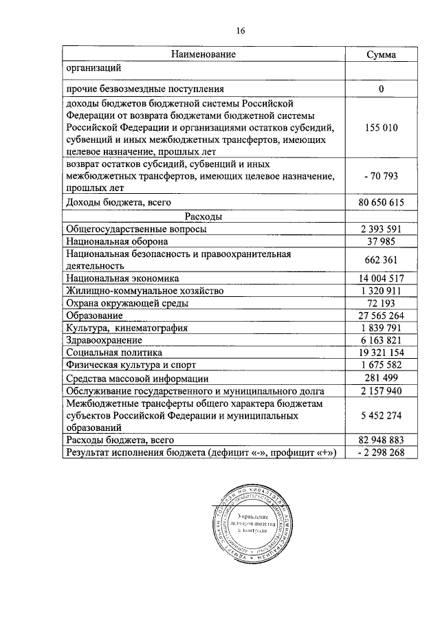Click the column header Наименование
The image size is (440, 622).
coord(203,54)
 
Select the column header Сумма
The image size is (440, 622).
coord(380,54)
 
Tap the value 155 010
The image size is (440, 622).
coord(380,128)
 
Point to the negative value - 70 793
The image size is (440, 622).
coord(380,177)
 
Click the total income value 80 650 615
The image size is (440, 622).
coord(380,203)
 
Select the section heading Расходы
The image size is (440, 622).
coord(203,216)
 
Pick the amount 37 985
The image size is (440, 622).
coord(380,242)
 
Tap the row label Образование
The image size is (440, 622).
coord(95,315)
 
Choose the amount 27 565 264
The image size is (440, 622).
coord(380,315)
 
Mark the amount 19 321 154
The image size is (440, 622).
coord(380,352)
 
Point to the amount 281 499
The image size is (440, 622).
coord(380,378)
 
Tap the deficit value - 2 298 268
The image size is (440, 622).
coord(380,452)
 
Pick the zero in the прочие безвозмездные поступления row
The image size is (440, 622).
coord(380,89)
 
